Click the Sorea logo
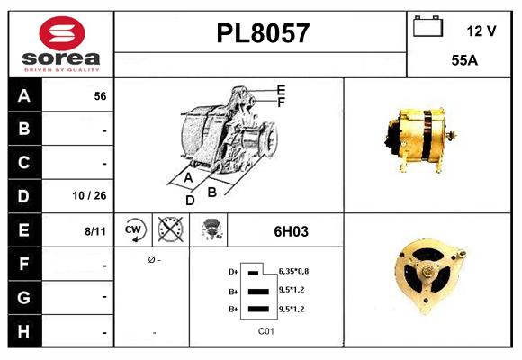coord(60,44)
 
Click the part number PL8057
coord(263,33)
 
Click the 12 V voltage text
coord(481,31)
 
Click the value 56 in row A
coord(100,95)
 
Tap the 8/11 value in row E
coord(94,230)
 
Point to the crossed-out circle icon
coord(167,230)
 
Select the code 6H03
coord(291,231)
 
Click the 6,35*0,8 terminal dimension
coord(294,270)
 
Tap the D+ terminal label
coord(233,271)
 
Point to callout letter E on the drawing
coord(281,90)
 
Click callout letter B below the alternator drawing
coord(211,191)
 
